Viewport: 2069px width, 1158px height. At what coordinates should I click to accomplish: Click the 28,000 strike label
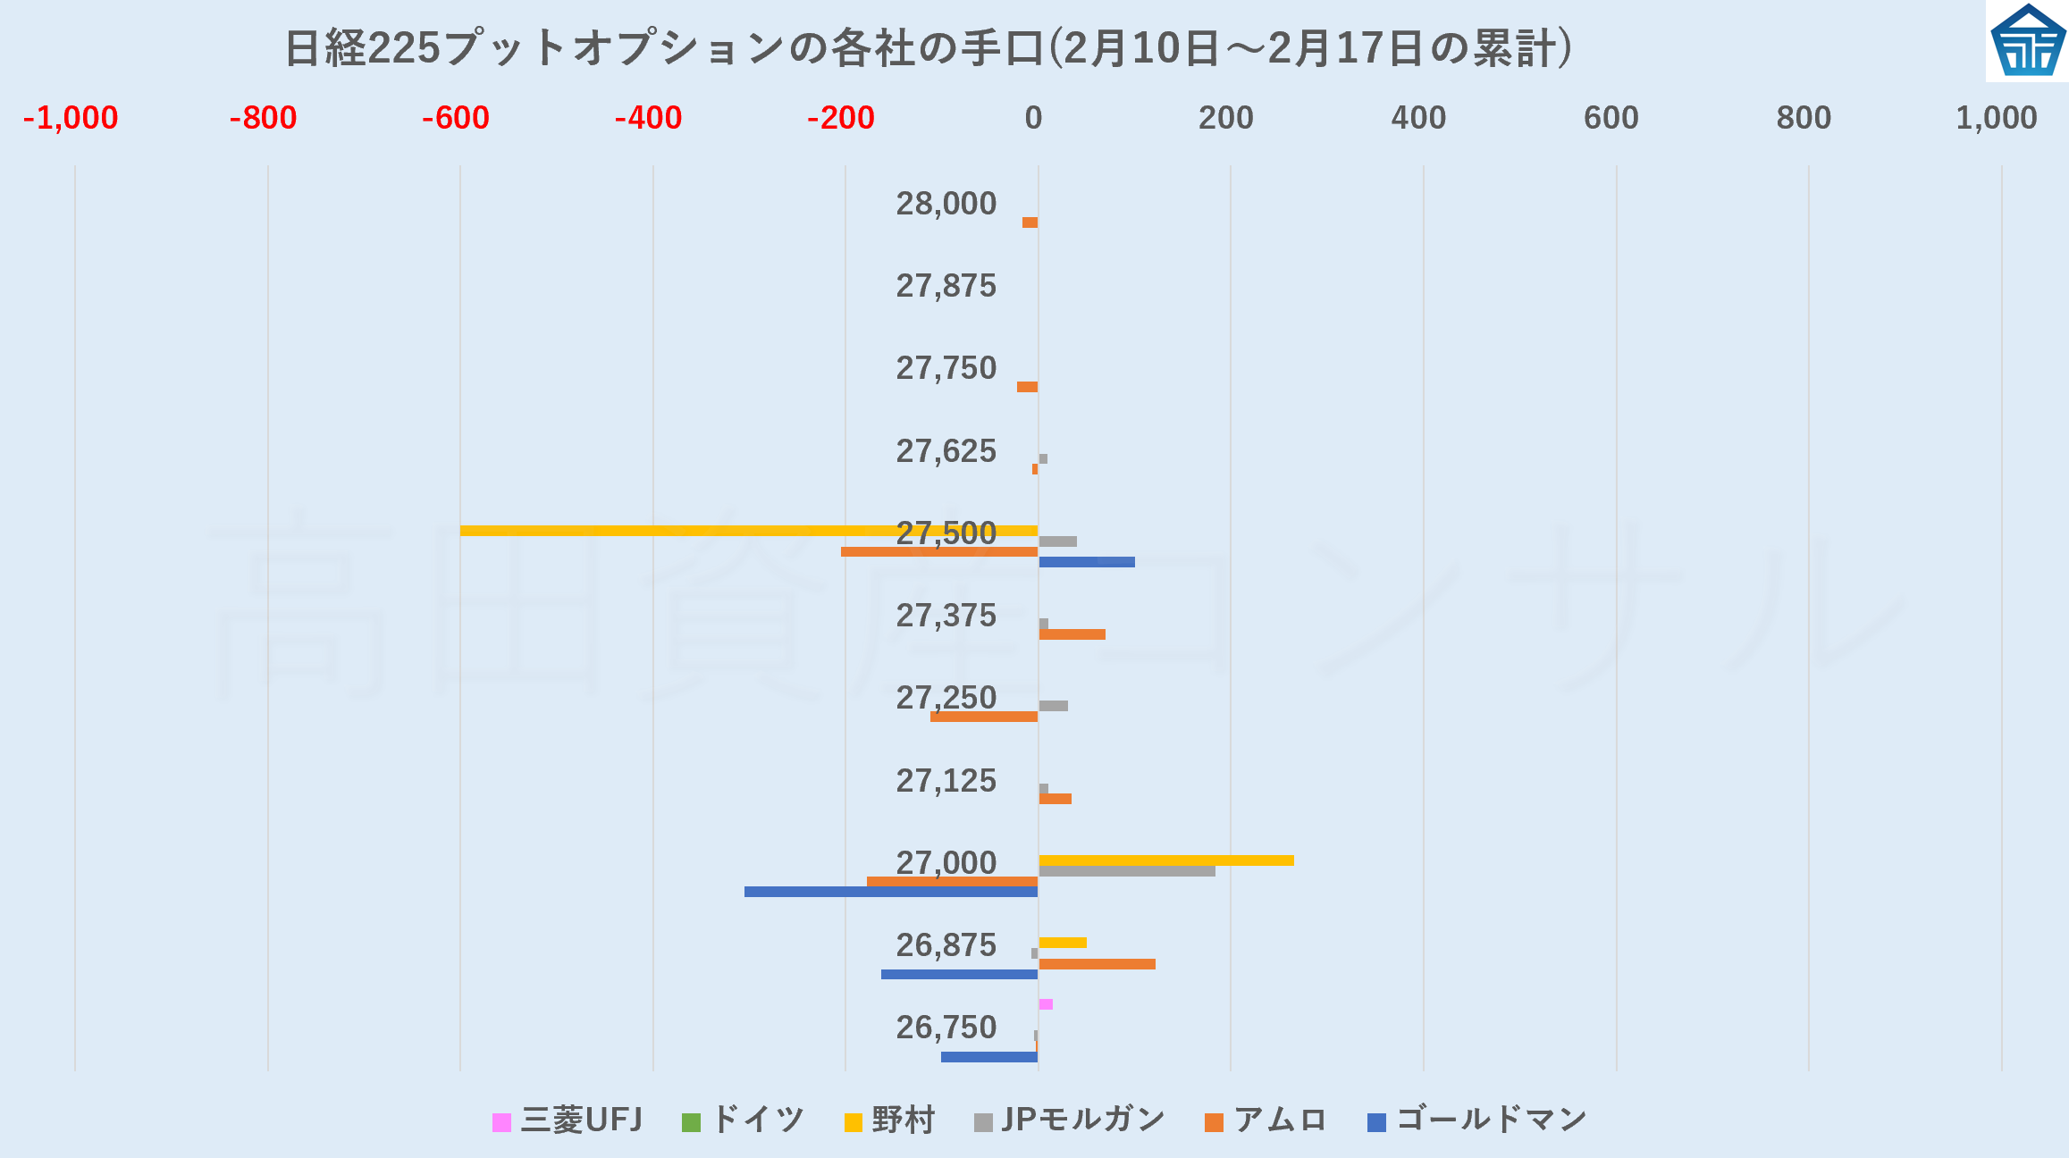(946, 204)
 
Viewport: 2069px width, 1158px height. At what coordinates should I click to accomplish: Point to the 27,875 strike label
(946, 286)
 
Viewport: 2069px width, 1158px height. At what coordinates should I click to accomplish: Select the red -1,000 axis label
(71, 118)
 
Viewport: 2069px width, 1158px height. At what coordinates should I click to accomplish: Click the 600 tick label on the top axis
(1611, 118)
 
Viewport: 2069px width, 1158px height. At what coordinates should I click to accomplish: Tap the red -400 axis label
(648, 118)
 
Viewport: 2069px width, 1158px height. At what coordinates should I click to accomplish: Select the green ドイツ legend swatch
(691, 1122)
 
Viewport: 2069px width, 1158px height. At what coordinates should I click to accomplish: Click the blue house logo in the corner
(2028, 41)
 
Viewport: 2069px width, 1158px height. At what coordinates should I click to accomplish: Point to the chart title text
(928, 48)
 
